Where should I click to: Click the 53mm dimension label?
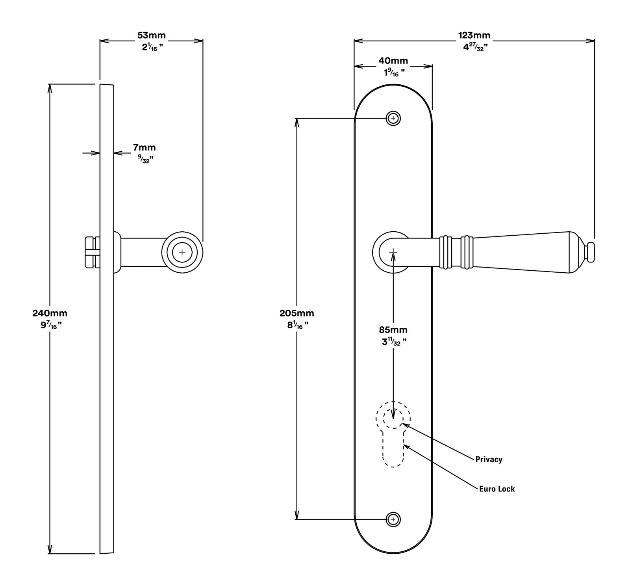[151, 35]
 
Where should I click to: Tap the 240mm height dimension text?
[50, 313]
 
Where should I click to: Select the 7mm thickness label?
[144, 148]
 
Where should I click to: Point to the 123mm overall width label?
[474, 35]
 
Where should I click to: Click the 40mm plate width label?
[393, 61]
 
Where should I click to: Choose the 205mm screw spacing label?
[297, 313]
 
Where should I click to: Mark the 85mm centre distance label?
[393, 330]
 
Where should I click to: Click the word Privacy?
[489, 459]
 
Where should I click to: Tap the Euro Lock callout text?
[497, 489]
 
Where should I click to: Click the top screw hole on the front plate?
[393, 118]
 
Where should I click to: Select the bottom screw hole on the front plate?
[393, 519]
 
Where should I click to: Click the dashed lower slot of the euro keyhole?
[393, 453]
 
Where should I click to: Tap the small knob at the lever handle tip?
[589, 252]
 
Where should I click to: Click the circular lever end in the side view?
[182, 252]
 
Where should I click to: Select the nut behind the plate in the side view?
[92, 252]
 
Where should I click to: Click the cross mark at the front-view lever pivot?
[393, 252]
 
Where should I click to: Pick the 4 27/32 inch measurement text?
[475, 47]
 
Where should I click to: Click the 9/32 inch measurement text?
[144, 160]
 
